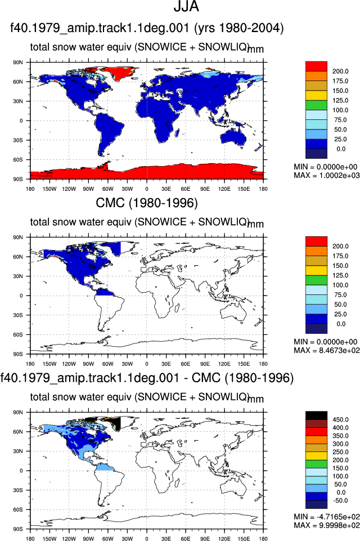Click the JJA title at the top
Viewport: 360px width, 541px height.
point(186,7)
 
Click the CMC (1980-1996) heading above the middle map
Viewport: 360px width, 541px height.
point(147,203)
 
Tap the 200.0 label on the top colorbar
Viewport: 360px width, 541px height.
point(340,71)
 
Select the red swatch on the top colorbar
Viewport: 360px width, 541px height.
point(316,66)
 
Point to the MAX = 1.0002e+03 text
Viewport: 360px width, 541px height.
point(327,176)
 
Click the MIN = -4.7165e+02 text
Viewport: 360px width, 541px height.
point(327,517)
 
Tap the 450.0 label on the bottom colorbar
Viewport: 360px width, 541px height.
point(340,420)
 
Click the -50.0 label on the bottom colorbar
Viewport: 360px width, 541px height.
point(339,500)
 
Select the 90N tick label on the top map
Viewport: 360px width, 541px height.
point(18,62)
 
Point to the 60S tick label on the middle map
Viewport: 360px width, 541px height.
point(18,334)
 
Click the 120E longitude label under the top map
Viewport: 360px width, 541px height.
point(224,189)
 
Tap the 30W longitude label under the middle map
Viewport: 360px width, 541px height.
point(127,364)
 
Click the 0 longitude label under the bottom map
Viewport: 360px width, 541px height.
point(147,539)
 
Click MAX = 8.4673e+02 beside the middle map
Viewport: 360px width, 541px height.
point(327,351)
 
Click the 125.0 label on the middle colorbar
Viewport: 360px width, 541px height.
point(340,275)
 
